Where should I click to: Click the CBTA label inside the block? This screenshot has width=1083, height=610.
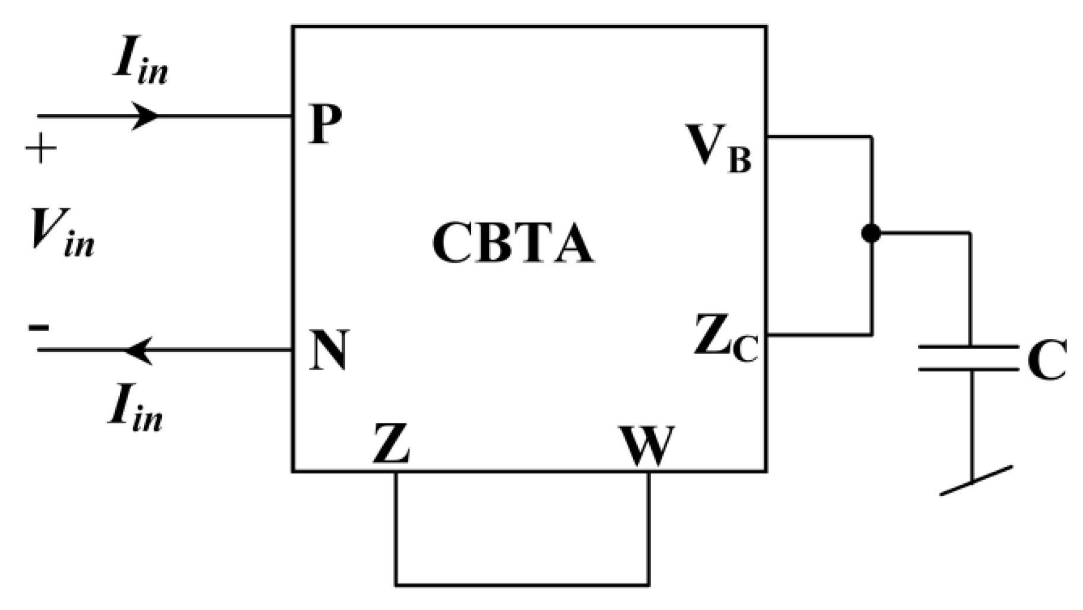[513, 245]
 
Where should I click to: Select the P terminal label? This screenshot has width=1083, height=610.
[326, 125]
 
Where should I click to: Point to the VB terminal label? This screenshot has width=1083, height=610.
[718, 148]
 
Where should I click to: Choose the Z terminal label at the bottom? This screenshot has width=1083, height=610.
[390, 444]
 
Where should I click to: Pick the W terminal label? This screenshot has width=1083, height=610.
[647, 446]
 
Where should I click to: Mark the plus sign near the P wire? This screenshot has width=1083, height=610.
[41, 148]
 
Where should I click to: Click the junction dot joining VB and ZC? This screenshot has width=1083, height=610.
[871, 233]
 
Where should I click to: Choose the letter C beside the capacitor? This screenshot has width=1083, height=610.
[1047, 360]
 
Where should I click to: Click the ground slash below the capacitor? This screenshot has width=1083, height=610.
[976, 481]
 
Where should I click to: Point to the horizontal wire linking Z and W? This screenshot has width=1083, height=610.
[522, 585]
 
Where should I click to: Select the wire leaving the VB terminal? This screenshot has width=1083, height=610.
[819, 137]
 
